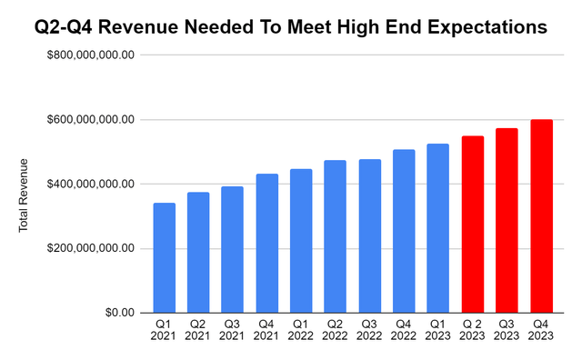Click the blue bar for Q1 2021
coord(165,258)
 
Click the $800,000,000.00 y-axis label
coord(91,55)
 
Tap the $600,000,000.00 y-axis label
coord(91,120)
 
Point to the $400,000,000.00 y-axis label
coord(91,185)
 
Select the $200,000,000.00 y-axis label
coord(91,248)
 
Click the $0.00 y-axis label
coord(115,313)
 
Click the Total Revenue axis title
coord(25,195)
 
